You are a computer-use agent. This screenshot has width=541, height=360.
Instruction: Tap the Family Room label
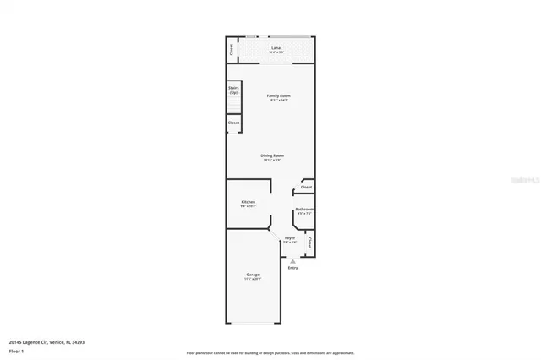tap(278, 95)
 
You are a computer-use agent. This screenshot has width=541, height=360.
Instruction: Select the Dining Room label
tap(272, 155)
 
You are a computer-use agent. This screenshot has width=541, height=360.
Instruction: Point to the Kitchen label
tap(249, 202)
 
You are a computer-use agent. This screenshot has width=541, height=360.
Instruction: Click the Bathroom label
tap(304, 209)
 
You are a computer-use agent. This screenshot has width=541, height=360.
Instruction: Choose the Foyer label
tap(290, 238)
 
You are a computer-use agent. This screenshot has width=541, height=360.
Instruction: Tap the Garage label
tap(253, 275)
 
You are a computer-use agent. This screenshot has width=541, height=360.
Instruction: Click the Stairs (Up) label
tap(233, 90)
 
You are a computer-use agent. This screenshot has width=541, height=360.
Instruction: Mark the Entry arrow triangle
tap(292, 260)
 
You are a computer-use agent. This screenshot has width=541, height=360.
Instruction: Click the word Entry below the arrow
tap(292, 268)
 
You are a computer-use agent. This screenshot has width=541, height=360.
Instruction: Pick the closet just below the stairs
tap(233, 123)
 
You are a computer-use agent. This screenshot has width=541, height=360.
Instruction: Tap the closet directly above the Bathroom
tap(306, 187)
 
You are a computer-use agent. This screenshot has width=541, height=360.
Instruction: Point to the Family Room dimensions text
tap(278, 101)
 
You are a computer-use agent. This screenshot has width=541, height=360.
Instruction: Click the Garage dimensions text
tap(253, 279)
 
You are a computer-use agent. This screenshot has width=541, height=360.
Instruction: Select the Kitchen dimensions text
tap(249, 206)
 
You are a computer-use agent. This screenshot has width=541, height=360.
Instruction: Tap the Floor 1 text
tap(17, 350)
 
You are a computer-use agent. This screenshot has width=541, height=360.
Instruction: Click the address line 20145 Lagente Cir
tap(46, 341)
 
